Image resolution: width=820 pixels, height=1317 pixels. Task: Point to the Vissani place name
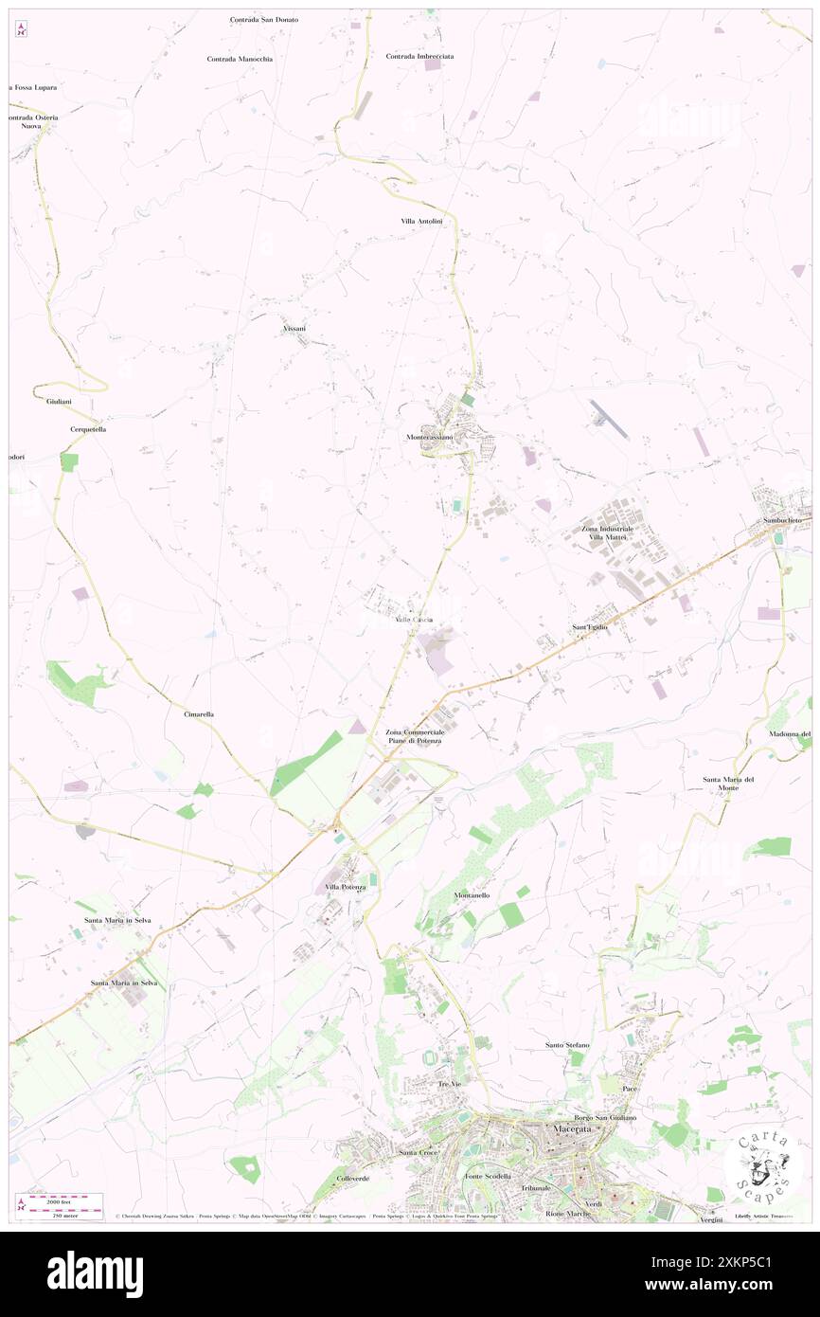(294, 328)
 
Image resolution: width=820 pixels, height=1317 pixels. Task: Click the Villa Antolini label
(421, 221)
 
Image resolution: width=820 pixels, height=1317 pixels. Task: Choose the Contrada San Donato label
(263, 19)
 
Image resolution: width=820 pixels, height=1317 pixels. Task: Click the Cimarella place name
(199, 713)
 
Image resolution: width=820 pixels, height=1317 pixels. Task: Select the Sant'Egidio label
(589, 627)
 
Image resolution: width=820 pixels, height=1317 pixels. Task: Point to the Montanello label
(472, 895)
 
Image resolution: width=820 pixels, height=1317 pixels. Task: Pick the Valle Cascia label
(414, 620)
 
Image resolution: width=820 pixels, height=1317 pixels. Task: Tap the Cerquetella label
(88, 429)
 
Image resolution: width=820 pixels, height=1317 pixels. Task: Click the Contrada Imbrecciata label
(419, 56)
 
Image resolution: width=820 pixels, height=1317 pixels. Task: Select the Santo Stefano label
(567, 1045)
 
